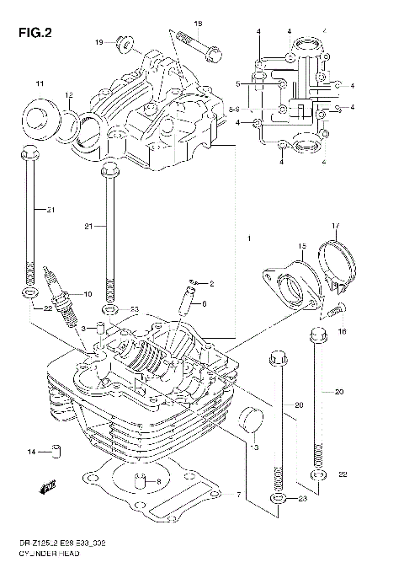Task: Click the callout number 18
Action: (x=198, y=24)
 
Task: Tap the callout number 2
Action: (x=212, y=283)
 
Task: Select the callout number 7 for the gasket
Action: (x=239, y=494)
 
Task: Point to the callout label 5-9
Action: (x=237, y=110)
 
